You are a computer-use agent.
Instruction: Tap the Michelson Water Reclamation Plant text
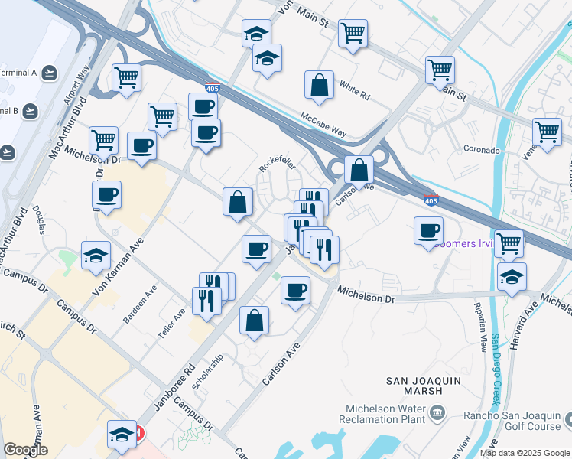pos(385,414)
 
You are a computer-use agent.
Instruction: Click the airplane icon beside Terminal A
pos(50,73)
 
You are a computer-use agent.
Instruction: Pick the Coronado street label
pos(481,151)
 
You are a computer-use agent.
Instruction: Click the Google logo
pos(25,450)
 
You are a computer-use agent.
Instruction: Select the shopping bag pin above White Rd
pos(319,86)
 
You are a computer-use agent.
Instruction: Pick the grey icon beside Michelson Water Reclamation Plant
pos(437,414)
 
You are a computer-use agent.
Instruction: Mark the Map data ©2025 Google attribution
pos(525,453)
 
